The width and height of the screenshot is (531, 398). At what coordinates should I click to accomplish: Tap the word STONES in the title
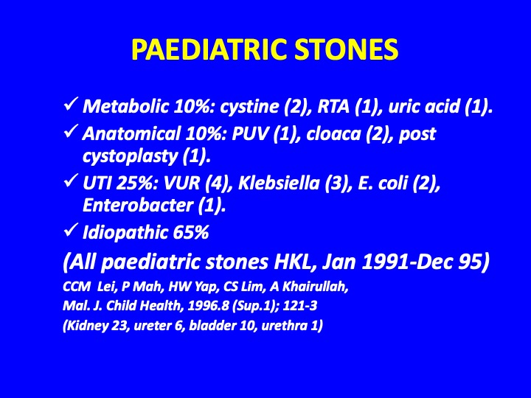pos(347,49)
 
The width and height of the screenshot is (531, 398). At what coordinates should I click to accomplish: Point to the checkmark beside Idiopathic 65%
pos(71,230)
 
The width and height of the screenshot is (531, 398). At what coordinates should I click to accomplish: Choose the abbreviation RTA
pos(333,106)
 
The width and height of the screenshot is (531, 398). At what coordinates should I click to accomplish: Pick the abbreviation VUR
pos(182,184)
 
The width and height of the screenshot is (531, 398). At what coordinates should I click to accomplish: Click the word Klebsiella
pos(279,183)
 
